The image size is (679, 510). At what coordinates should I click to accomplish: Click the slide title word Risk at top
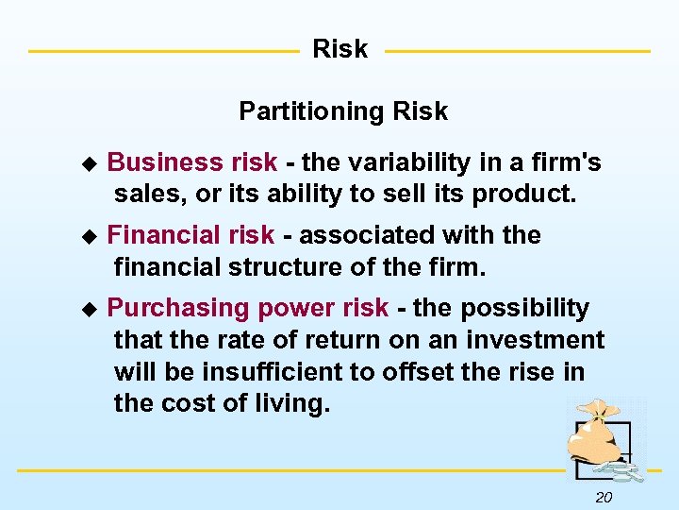(x=339, y=49)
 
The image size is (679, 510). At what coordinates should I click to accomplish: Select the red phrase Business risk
(x=192, y=162)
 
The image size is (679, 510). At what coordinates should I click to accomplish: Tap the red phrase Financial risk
(x=190, y=234)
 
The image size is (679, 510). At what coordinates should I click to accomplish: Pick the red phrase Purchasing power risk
(x=248, y=308)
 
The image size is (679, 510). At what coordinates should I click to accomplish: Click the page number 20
(x=604, y=498)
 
